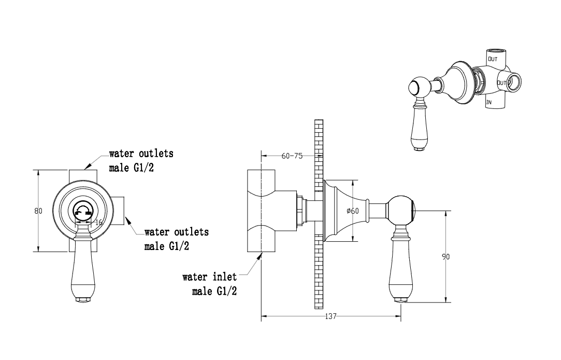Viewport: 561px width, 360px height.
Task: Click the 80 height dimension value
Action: pyautogui.click(x=38, y=211)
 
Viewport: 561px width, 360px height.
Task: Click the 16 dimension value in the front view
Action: pyautogui.click(x=99, y=223)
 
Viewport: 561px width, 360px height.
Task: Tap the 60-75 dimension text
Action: pyautogui.click(x=292, y=156)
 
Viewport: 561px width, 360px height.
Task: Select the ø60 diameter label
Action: pyautogui.click(x=353, y=211)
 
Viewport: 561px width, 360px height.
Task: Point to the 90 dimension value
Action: pyautogui.click(x=446, y=256)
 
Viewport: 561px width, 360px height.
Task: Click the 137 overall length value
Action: pyautogui.click(x=331, y=316)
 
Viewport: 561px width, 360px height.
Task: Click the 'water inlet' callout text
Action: pyautogui.click(x=209, y=277)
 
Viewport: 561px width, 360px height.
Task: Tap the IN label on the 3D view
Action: pyautogui.click(x=488, y=102)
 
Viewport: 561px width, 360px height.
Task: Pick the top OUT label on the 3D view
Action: pyautogui.click(x=493, y=59)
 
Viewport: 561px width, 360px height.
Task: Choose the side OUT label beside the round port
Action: pyautogui.click(x=501, y=83)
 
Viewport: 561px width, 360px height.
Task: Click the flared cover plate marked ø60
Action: pyautogui.click(x=346, y=211)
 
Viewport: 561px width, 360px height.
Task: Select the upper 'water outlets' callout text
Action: pyautogui.click(x=141, y=160)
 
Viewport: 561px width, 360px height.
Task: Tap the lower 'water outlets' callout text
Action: pyautogui.click(x=177, y=239)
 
